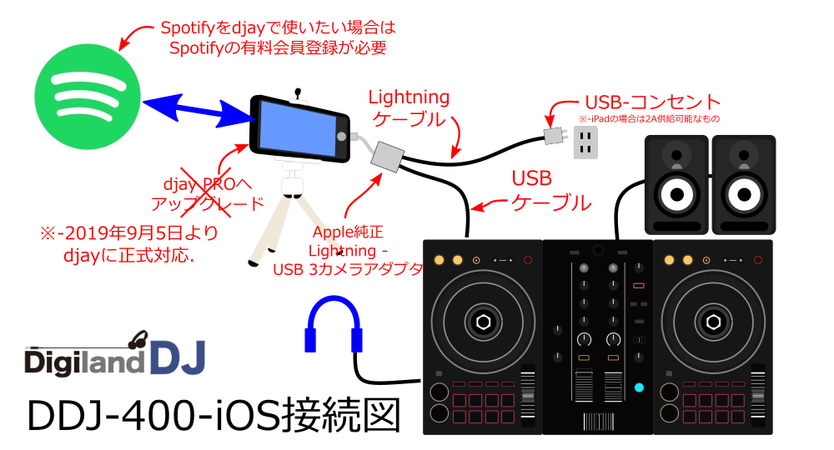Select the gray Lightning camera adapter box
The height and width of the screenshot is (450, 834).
(385, 156)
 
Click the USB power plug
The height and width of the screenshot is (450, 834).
(554, 137)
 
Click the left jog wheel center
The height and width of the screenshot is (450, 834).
(483, 322)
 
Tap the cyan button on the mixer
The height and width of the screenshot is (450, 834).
(639, 387)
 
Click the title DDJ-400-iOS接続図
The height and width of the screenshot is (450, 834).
(214, 416)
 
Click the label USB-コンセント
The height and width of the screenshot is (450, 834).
(651, 102)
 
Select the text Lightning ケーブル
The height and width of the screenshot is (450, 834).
(409, 107)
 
